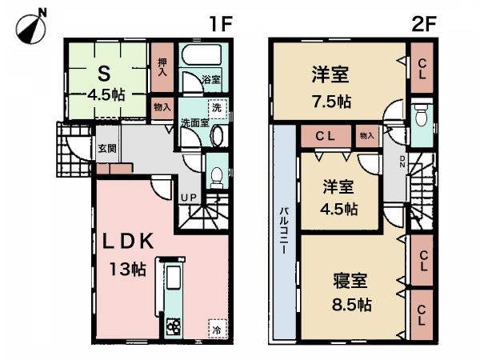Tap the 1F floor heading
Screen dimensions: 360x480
[x=221, y=22]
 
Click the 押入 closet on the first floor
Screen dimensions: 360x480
[x=162, y=64]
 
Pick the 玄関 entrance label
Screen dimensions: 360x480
[x=107, y=148]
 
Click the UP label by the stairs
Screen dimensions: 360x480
[x=190, y=197]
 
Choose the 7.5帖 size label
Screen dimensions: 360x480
[x=330, y=102]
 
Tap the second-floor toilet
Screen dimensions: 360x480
[x=419, y=115]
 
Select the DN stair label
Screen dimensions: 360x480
[x=403, y=164]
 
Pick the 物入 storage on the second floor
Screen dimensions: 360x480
[x=366, y=136]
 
